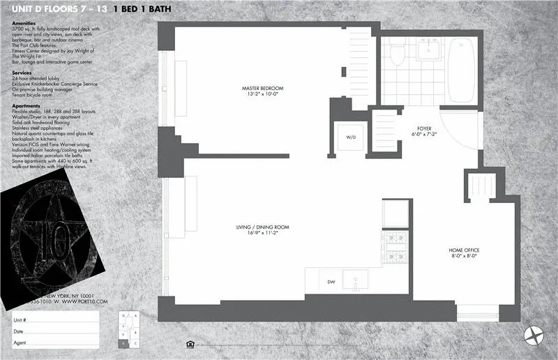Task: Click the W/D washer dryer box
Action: (x=351, y=137)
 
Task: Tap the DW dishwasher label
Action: (x=331, y=282)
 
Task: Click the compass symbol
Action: (x=535, y=336)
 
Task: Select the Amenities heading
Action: (x=25, y=23)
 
